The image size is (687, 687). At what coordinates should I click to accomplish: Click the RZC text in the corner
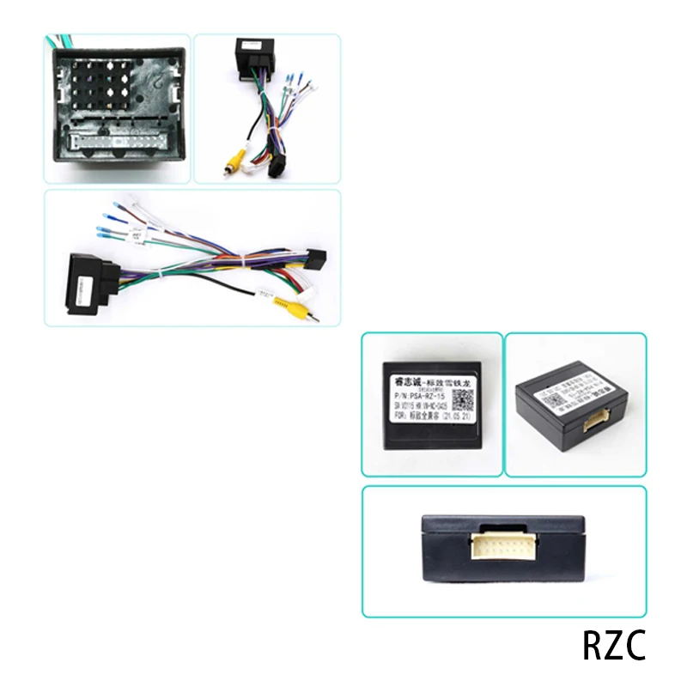(613, 647)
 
